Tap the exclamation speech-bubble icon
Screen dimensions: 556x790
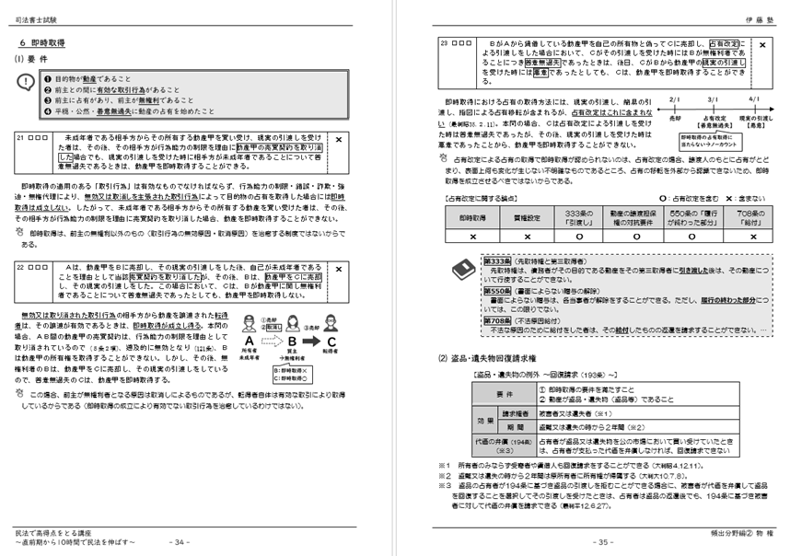(26, 84)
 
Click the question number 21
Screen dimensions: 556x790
(23, 137)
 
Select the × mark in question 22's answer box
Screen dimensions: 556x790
(340, 268)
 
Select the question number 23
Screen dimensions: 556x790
(445, 42)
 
